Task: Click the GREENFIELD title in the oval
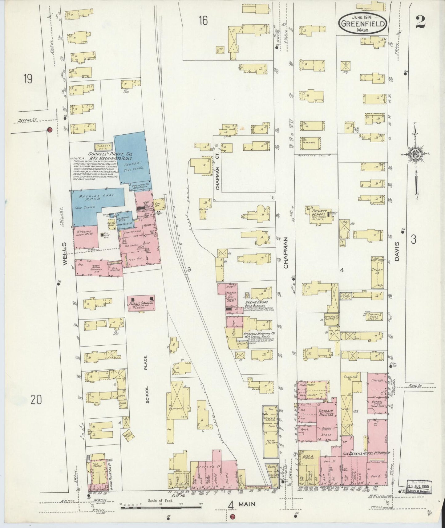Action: (x=363, y=23)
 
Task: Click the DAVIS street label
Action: (x=397, y=252)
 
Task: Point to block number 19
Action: (x=28, y=79)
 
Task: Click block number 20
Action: (x=36, y=400)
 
